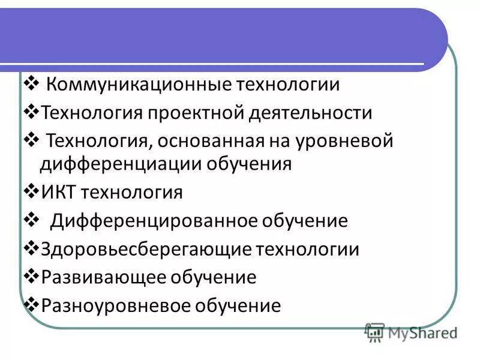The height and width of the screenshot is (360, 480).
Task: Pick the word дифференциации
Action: pyautogui.click(x=121, y=163)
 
